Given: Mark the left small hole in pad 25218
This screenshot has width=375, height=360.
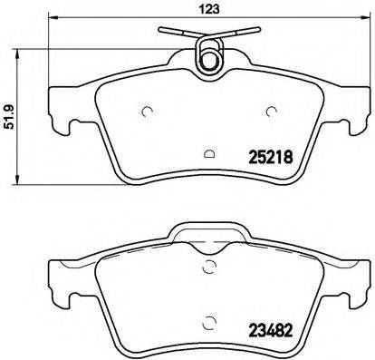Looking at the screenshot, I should pyautogui.click(x=147, y=112).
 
